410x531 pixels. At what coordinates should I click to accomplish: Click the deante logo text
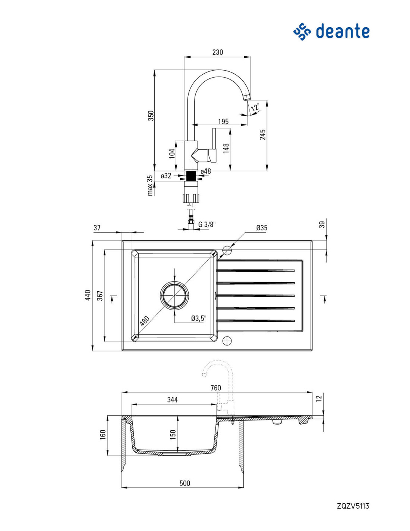coord(343,31)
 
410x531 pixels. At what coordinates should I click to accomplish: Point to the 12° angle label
coord(255,108)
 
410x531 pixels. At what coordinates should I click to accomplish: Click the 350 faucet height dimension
coord(151,116)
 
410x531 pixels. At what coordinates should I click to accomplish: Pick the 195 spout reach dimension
coord(223,121)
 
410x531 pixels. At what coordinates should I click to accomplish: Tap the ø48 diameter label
coord(206,171)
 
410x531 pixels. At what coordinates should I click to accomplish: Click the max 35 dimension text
coord(150,185)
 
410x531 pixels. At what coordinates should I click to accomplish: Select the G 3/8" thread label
coord(207,224)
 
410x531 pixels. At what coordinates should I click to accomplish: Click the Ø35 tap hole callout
coord(262,228)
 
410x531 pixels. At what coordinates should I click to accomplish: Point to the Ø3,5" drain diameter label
coord(199,318)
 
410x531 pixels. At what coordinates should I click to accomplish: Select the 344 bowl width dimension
coord(173,400)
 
